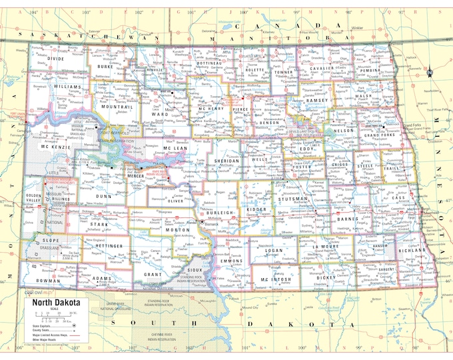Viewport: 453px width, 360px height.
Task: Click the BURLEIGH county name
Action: coord(216,213)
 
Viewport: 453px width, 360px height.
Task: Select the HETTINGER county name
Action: coord(109,246)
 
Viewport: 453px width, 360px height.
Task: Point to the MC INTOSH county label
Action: coord(273,279)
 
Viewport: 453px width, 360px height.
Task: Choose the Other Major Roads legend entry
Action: coord(44,340)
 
